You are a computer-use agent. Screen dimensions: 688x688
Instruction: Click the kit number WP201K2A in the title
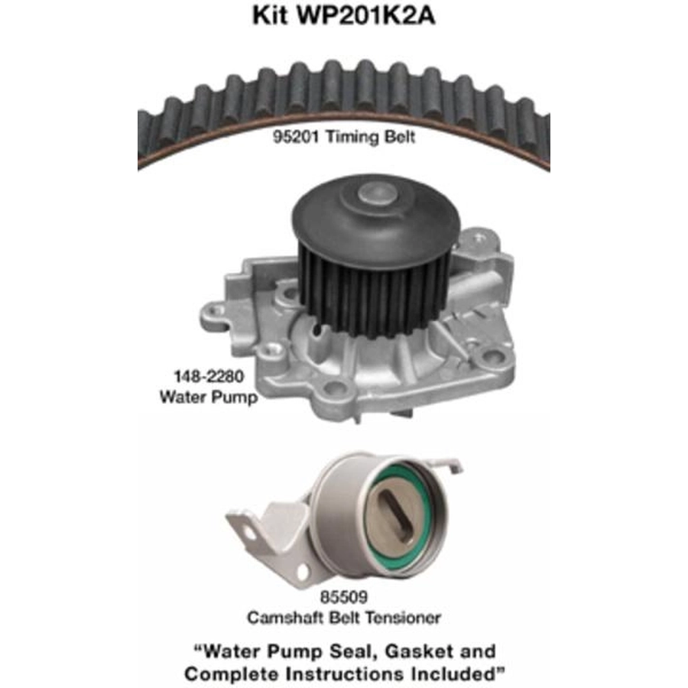tap(366, 15)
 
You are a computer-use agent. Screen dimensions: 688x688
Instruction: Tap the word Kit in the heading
tap(270, 15)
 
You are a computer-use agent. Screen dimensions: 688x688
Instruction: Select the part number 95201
tap(296, 137)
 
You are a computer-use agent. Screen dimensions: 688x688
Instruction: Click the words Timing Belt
tap(370, 137)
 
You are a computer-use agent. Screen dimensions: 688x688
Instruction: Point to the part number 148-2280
tap(209, 376)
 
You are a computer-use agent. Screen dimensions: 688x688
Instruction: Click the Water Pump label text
tap(209, 397)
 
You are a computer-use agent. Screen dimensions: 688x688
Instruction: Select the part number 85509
tap(343, 597)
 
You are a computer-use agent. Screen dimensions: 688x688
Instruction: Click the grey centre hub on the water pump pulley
tap(377, 193)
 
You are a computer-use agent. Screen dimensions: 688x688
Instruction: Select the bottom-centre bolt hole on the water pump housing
tap(334, 388)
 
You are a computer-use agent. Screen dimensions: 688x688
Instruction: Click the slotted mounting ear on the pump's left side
tap(215, 316)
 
